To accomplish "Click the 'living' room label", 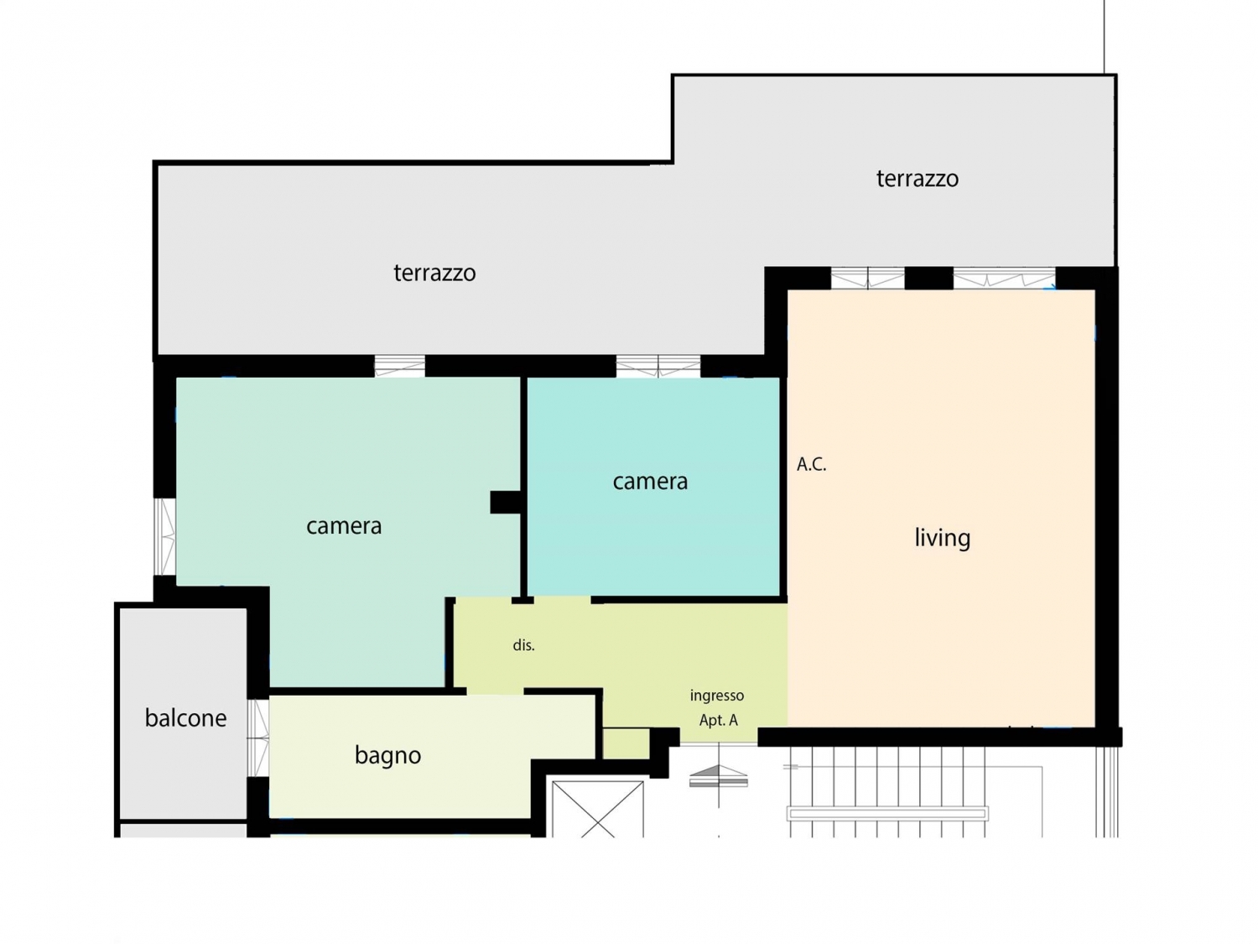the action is coord(942,538).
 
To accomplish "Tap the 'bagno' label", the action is coord(387,755).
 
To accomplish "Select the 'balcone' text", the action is coord(185,717).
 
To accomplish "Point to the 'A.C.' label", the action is coord(811,464).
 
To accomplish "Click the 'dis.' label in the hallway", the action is coord(523,645).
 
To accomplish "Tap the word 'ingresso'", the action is coord(716,696).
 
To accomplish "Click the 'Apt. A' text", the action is coord(718,720).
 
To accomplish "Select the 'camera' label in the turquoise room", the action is coord(650,482).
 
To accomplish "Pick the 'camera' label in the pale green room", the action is coord(344,526).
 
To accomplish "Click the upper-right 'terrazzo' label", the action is coord(917,179).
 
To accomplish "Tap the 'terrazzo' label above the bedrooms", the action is coord(434,273).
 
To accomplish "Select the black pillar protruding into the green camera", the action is coord(505,502).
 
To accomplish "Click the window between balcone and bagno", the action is coord(258,738).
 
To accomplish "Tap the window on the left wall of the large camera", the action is coord(165,536).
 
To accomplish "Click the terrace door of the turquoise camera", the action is coord(658,366).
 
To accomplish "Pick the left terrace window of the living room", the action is coord(867,279).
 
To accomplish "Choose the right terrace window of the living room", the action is coord(1004,279).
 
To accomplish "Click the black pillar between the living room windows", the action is coord(928,279).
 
